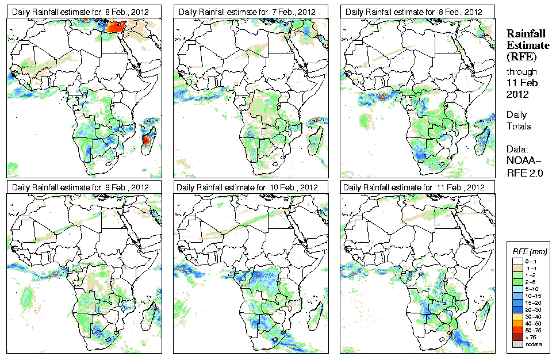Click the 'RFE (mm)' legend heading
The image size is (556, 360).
(x=530, y=251)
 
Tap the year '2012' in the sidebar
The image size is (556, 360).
(x=517, y=94)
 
